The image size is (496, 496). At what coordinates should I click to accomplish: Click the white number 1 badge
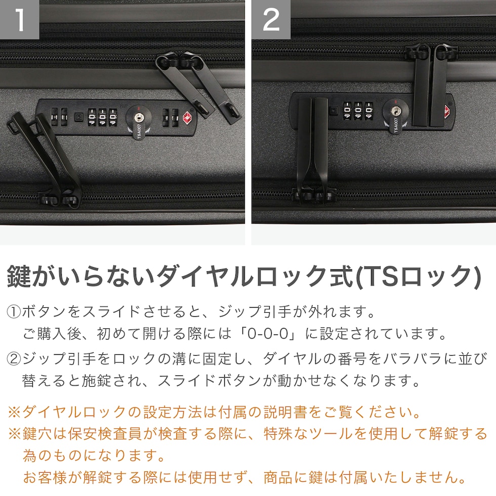click(x=20, y=20)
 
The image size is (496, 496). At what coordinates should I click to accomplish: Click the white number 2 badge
click(x=271, y=20)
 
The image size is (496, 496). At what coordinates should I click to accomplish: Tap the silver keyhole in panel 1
click(x=138, y=117)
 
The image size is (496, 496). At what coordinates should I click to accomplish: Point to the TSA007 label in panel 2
click(x=395, y=126)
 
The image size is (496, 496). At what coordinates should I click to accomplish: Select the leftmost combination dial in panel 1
click(x=92, y=117)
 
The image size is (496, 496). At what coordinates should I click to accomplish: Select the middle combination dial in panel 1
click(x=102, y=117)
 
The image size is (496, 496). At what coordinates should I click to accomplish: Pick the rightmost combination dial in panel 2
click(x=368, y=111)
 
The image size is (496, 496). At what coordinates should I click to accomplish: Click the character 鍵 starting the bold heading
click(x=19, y=277)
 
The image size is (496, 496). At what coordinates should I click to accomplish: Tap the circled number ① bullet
click(x=14, y=312)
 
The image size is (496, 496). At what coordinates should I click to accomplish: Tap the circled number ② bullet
click(x=14, y=359)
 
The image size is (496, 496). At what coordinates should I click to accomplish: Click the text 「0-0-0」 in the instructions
click(x=268, y=334)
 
